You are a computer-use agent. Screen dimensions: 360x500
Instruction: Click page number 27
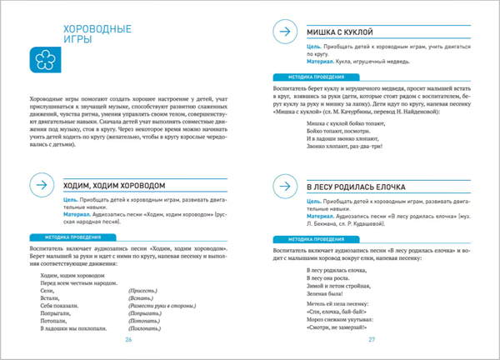[372, 339]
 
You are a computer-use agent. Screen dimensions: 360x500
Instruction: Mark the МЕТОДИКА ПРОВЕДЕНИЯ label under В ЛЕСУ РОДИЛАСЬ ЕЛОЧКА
[310, 240]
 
